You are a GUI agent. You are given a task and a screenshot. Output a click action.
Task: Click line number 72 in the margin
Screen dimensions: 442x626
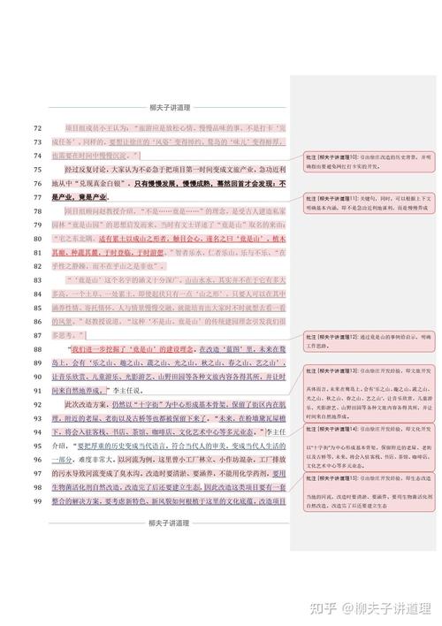37,129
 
